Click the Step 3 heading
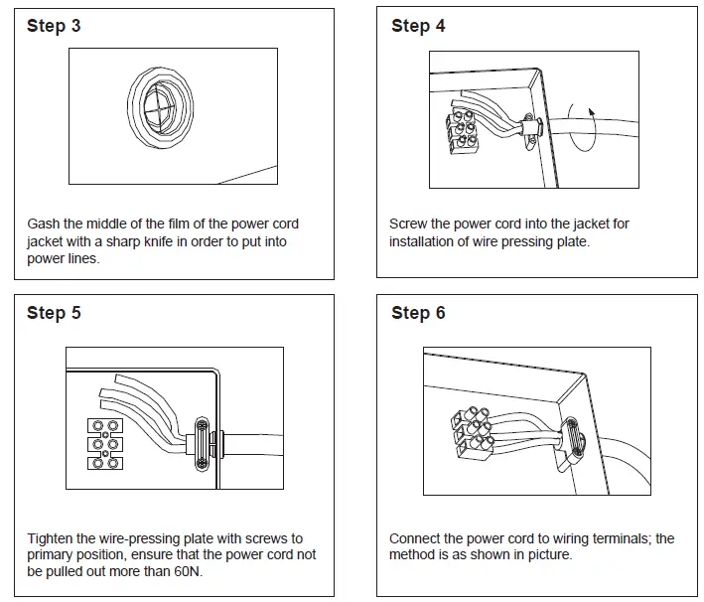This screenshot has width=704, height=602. (54, 26)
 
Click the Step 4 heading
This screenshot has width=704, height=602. (418, 26)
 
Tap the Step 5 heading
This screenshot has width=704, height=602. (54, 313)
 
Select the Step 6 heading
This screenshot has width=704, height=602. (418, 313)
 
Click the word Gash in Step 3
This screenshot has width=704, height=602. (44, 225)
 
